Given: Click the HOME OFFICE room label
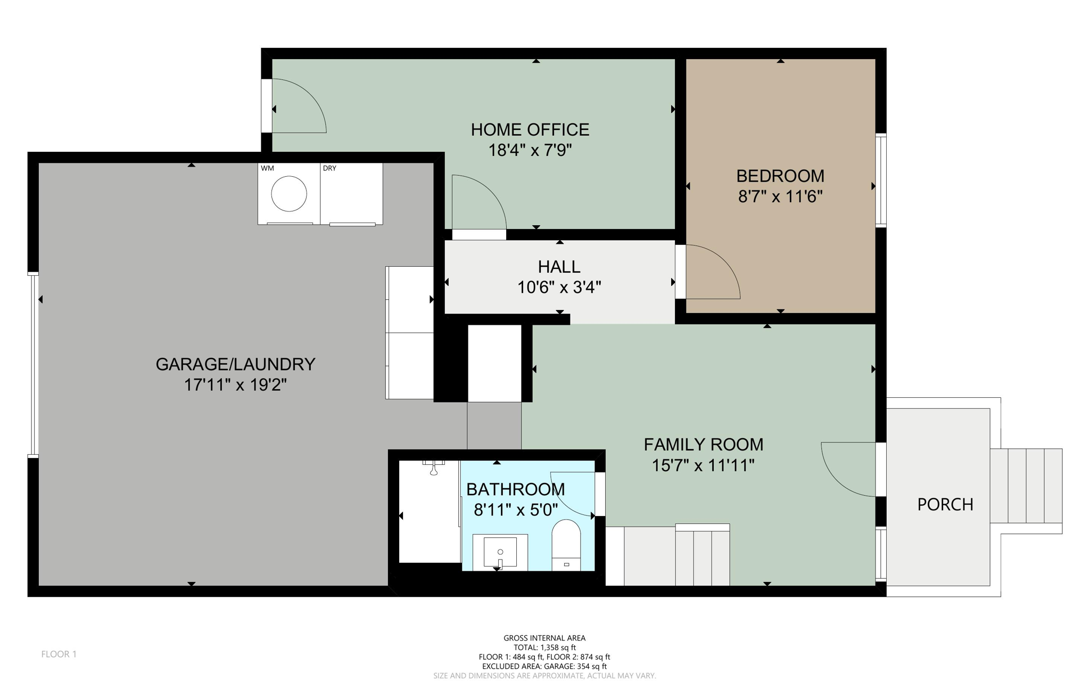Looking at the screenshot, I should [530, 129].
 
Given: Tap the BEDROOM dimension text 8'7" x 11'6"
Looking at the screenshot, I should [780, 196].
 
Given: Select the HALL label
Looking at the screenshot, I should [559, 266].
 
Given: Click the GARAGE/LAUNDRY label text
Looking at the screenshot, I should [235, 364].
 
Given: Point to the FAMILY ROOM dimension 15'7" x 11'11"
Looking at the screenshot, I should [703, 465].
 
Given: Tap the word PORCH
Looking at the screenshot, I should [945, 504].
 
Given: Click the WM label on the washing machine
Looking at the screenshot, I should [267, 168].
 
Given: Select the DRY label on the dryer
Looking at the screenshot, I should [329, 168].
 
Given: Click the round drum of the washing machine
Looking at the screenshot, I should [289, 194].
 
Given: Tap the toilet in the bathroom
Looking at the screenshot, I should [566, 543].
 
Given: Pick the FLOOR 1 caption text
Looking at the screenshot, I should [59, 654].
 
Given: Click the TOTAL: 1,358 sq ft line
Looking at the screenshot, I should [544, 647].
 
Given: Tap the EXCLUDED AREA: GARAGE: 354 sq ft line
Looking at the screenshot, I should [544, 666].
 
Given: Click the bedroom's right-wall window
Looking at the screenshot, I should [881, 180].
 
